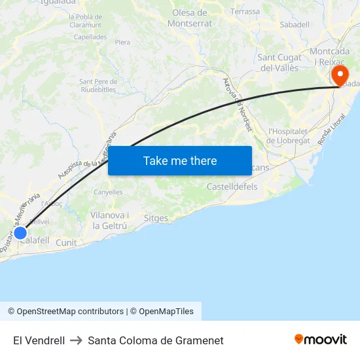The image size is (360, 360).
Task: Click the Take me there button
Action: point(180,160)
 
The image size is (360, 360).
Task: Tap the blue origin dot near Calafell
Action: point(20,232)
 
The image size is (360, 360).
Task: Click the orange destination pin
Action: point(340,75)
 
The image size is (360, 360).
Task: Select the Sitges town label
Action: point(156,218)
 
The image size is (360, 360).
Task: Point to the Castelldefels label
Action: point(232,187)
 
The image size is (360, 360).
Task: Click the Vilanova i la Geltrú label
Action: point(110,221)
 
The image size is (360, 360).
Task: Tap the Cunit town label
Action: point(66,243)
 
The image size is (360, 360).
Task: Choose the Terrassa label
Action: point(245,11)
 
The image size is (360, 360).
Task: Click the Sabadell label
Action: point(294,24)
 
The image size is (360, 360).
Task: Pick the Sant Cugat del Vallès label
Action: point(280,62)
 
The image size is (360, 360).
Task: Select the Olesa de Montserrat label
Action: point(190,18)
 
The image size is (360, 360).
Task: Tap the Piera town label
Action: point(122,42)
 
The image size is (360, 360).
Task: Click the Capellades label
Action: point(90,37)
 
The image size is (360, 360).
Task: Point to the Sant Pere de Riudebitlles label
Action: point(98,86)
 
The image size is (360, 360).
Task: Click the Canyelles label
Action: point(108,192)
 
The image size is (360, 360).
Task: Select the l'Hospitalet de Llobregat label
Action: point(291,135)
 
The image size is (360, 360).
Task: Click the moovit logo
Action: point(320,339)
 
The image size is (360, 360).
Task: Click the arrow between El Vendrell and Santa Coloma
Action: point(76,340)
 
